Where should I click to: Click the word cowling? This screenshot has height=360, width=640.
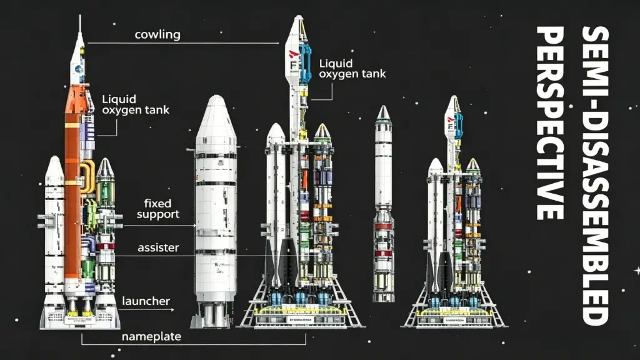click(x=157, y=34)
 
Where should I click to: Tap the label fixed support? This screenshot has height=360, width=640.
click(x=158, y=209)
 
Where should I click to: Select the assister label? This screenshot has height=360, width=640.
click(x=158, y=247)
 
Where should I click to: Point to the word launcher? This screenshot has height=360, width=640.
click(x=146, y=301)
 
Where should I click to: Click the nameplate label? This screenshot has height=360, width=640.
click(x=151, y=336)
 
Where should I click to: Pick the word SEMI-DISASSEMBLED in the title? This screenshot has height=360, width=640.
click(x=595, y=176)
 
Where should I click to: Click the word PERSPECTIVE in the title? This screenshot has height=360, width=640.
click(x=550, y=123)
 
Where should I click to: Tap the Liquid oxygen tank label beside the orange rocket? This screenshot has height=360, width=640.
click(x=136, y=104)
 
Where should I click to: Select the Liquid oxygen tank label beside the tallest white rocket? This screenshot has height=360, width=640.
click(x=352, y=68)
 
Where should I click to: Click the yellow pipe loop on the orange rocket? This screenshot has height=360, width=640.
click(x=87, y=176)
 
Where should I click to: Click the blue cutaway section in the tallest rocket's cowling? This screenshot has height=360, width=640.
click(x=305, y=62)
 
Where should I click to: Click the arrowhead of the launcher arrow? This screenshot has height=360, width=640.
click(x=172, y=310)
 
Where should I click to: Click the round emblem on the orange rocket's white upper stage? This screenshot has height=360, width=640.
click(x=79, y=69)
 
